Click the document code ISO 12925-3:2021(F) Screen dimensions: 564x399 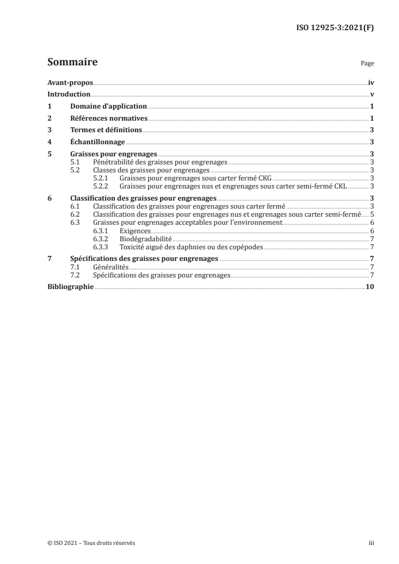coord(334,29)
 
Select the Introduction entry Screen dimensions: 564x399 coord(68,95)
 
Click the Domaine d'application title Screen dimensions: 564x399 coord(108,107)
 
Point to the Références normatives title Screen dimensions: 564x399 coord(109,119)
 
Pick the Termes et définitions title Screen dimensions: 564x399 coord(106,130)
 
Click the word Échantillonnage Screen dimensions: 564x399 coord(98,142)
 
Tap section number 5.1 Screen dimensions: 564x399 coord(75,162)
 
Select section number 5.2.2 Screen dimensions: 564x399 coord(102,185)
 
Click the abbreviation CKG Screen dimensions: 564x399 coord(265,178)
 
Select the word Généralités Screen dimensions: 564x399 coord(111,267)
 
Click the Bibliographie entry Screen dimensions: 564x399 coord(70,287)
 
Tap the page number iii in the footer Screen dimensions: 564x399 coord(371,543)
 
